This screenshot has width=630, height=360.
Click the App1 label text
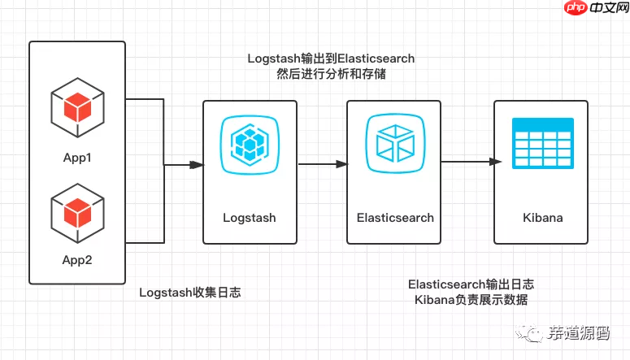pyautogui.click(x=77, y=157)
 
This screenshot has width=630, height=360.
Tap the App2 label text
pyautogui.click(x=77, y=260)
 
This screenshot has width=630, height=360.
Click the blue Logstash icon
pyautogui.click(x=250, y=145)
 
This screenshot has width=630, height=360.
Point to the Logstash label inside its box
pyautogui.click(x=250, y=218)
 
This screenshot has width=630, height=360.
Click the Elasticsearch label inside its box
pyautogui.click(x=395, y=218)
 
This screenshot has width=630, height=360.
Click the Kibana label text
pyautogui.click(x=542, y=218)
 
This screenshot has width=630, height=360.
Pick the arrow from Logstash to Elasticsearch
pyautogui.click(x=322, y=165)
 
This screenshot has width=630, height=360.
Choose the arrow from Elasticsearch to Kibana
pyautogui.click(x=467, y=162)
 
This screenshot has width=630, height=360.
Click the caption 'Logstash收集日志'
pyautogui.click(x=190, y=293)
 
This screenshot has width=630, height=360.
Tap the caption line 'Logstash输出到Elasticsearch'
pyautogui.click(x=331, y=59)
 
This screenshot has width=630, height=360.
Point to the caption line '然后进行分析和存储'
pyautogui.click(x=331, y=75)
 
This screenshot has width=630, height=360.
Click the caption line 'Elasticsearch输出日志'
pyautogui.click(x=471, y=284)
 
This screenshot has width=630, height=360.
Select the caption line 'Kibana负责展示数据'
pyautogui.click(x=471, y=301)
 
